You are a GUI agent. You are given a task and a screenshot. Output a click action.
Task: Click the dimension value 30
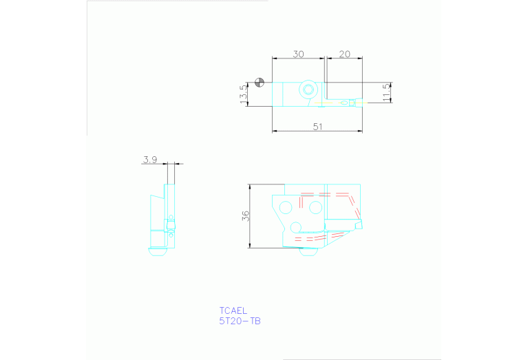(299, 54)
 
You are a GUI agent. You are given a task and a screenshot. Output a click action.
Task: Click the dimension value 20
(345, 54)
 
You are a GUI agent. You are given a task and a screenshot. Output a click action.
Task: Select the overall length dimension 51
(317, 126)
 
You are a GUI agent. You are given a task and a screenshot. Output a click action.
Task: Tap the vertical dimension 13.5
(242, 94)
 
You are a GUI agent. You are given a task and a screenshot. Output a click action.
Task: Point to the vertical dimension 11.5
(387, 92)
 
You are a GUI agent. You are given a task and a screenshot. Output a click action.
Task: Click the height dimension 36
(246, 215)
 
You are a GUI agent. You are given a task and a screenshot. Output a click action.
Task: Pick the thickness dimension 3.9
(150, 160)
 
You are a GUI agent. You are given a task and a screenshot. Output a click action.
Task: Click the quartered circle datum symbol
(259, 83)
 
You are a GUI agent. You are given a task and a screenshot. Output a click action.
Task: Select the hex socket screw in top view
(308, 89)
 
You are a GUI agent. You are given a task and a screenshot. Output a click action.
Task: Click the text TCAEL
(233, 310)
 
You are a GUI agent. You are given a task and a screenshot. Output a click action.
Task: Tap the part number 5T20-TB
(240, 321)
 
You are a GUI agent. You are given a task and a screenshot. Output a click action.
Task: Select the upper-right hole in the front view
(315, 206)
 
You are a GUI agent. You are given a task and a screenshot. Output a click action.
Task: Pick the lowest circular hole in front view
(296, 226)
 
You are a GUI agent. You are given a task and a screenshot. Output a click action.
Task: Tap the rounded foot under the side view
(158, 251)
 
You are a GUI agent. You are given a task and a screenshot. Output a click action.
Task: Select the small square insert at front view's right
(357, 224)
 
